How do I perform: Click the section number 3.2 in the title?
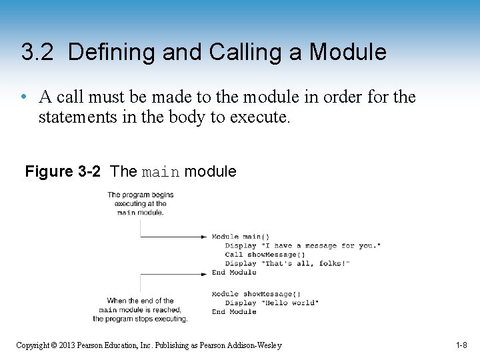[38, 52]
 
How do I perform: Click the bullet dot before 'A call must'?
[23, 97]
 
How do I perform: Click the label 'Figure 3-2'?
[63, 171]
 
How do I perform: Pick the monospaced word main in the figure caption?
[161, 172]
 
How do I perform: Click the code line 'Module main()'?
[241, 237]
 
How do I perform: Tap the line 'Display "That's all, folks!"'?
[287, 263]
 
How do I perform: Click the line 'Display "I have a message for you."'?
[303, 246]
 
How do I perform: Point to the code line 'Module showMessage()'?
[256, 294]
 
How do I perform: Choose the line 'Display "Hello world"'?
[271, 303]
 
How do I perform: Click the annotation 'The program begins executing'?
[140, 199]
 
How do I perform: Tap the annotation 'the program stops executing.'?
[140, 319]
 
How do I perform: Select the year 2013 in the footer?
[67, 345]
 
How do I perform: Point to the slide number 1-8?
[461, 345]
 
